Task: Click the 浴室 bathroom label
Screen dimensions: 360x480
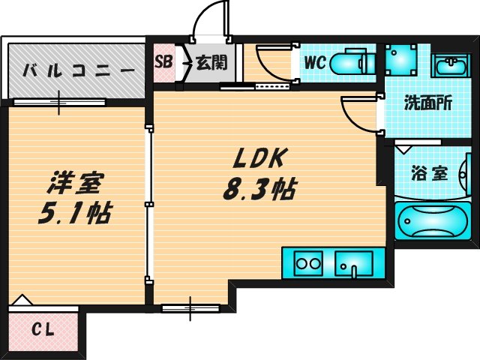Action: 429,173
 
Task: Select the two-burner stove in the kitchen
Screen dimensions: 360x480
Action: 307,263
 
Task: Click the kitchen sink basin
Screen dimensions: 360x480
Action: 354,263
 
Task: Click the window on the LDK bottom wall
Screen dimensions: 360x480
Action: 190,307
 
